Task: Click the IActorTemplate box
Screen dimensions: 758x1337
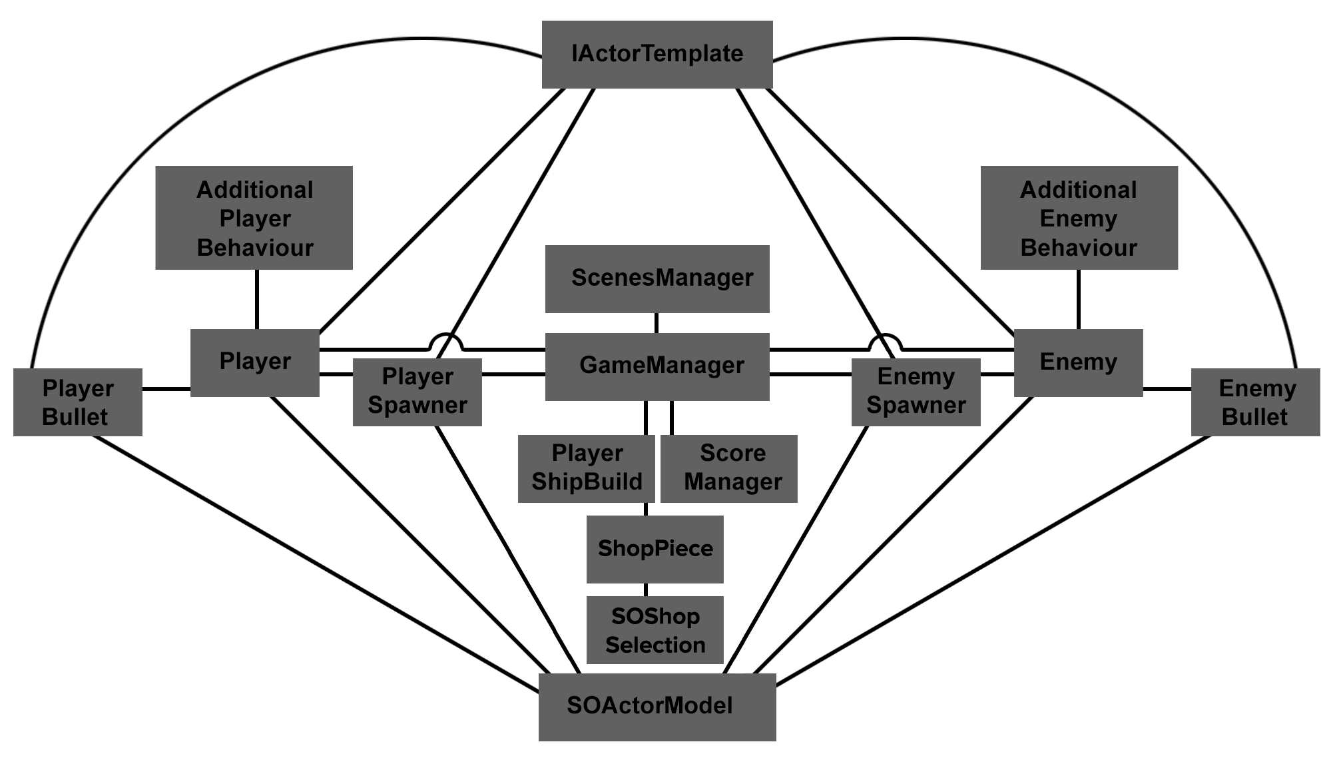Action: [x=657, y=55]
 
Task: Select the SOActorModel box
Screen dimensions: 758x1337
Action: [x=657, y=707]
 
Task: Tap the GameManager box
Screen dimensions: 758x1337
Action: [x=657, y=366]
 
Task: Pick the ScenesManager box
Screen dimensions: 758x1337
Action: [x=657, y=278]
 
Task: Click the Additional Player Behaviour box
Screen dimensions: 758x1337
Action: [x=254, y=218]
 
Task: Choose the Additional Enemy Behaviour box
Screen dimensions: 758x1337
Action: [x=1079, y=218]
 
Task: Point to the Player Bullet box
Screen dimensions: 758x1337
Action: [x=78, y=402]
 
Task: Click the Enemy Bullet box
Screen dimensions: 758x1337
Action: [x=1255, y=402]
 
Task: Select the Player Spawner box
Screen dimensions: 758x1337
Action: [x=417, y=392]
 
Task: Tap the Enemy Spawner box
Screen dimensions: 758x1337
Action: [x=916, y=392]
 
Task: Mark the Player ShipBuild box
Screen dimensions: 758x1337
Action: [x=586, y=468]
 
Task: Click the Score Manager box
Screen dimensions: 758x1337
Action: [x=729, y=468]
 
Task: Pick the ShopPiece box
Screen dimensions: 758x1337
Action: [x=655, y=549]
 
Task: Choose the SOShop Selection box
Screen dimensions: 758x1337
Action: [x=655, y=629]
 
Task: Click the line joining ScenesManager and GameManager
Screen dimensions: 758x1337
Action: [x=657, y=323]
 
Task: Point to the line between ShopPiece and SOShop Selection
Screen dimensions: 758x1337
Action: [x=646, y=589]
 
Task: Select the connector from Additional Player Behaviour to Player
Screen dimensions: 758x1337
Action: [x=257, y=299]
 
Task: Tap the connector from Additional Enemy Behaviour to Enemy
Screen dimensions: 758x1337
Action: [x=1079, y=299]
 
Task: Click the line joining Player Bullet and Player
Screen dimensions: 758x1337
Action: [x=166, y=389]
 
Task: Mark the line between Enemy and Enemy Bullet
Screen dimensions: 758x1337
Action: [x=1167, y=389]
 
